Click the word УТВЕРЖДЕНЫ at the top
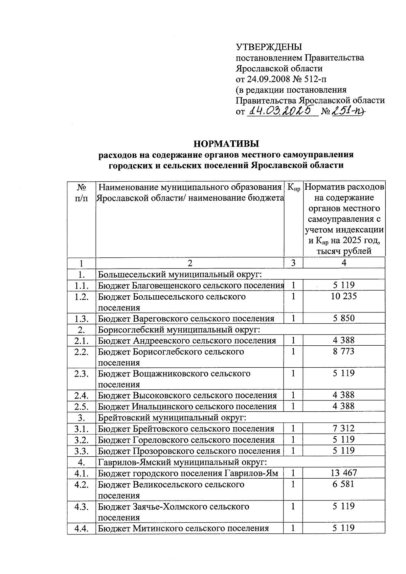click(x=269, y=47)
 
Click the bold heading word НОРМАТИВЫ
click(x=226, y=143)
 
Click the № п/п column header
click(x=81, y=193)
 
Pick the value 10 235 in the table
click(x=344, y=296)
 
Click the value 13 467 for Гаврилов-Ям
click(x=344, y=473)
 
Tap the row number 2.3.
click(x=82, y=374)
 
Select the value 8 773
click(x=344, y=351)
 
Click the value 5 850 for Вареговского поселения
click(x=344, y=318)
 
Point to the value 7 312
click(x=344, y=429)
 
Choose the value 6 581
click(x=344, y=484)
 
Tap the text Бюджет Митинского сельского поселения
click(x=183, y=528)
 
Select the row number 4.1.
click(x=82, y=473)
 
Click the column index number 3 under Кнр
click(x=293, y=263)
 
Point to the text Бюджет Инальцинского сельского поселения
click(x=187, y=407)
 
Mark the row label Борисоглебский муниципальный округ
click(x=179, y=329)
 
